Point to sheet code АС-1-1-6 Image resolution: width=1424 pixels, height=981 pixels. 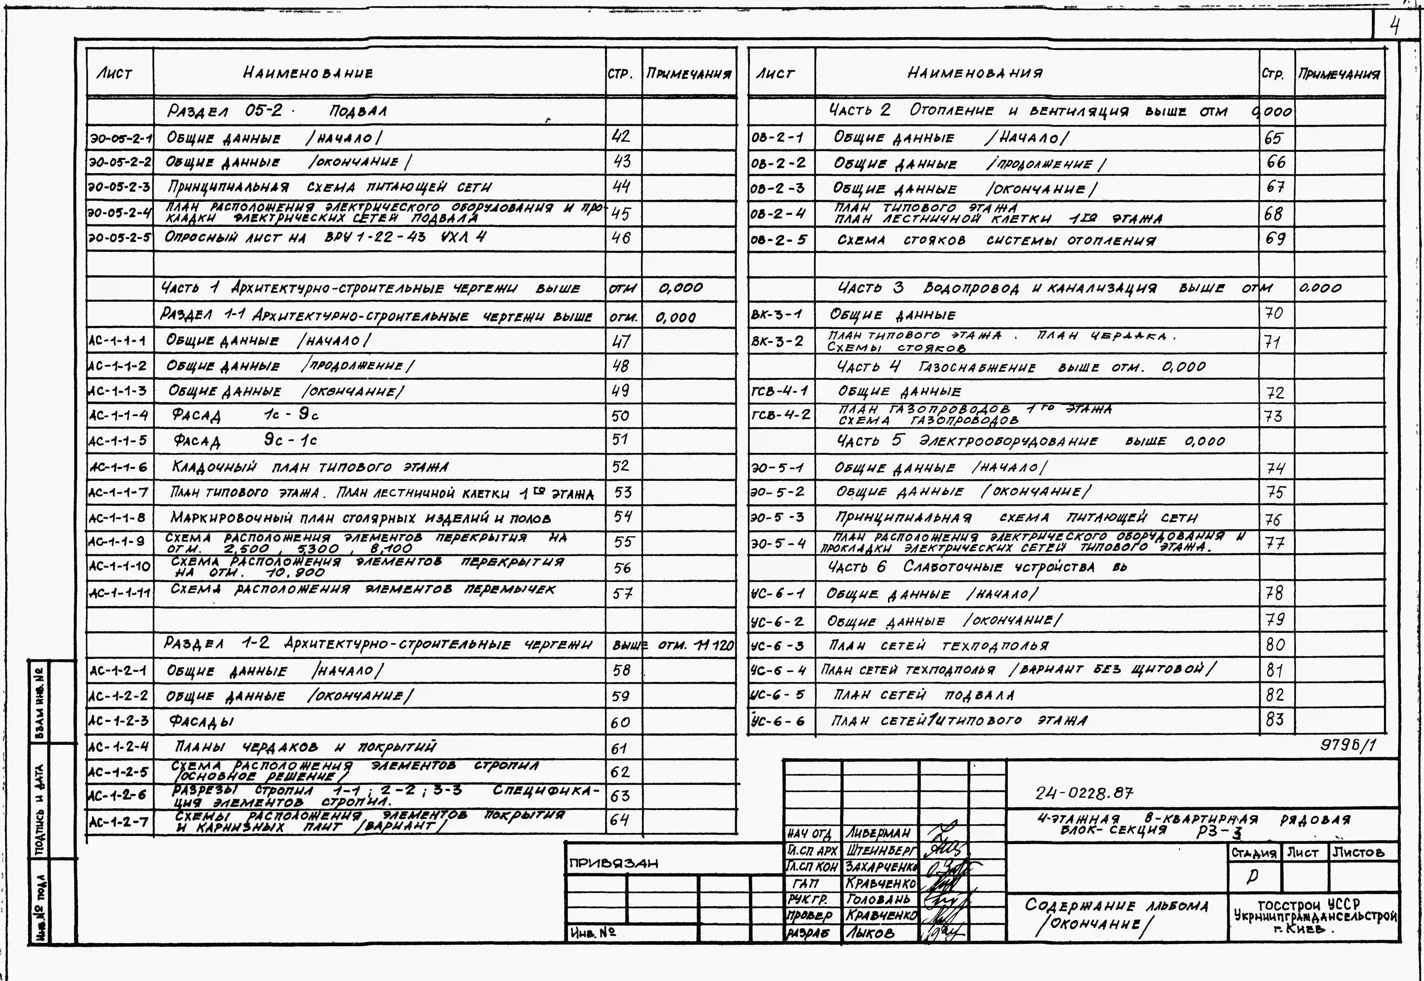click(119, 467)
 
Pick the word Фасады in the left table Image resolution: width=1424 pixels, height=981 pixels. click(202, 722)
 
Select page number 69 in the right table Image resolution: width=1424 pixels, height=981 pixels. click(1275, 239)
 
